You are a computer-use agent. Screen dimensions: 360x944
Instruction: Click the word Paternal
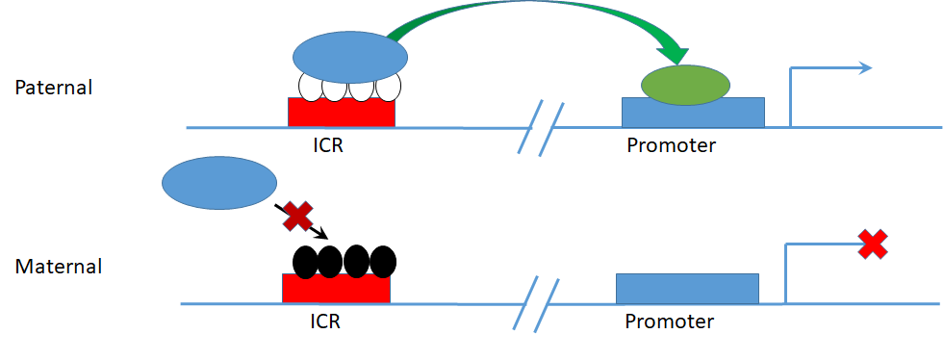coord(54,88)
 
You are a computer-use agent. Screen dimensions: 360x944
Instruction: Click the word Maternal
coord(59,266)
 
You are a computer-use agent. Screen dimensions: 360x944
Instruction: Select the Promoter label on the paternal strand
coord(672,145)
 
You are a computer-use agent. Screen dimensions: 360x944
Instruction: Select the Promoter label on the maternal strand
coord(670,321)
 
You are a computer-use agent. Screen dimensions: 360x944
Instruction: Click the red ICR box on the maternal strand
coord(336,289)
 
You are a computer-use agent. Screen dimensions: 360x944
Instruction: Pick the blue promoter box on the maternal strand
coord(687,288)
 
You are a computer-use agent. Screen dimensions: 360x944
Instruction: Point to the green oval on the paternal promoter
coord(684,85)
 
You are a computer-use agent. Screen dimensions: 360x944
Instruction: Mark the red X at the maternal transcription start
coord(872,244)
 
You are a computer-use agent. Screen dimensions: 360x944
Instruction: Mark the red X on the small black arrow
coord(296,217)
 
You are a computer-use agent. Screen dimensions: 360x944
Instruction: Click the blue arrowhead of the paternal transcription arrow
coord(864,67)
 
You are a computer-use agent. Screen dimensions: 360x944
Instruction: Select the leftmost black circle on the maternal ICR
coord(304,261)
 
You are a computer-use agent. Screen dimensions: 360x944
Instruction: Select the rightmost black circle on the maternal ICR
coord(383,261)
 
